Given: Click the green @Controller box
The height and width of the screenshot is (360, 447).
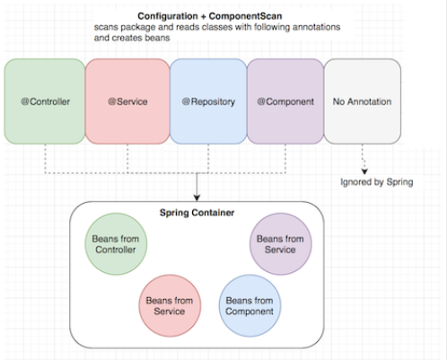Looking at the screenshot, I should click(x=44, y=102).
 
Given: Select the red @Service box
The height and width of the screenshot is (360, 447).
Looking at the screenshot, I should click(x=127, y=102).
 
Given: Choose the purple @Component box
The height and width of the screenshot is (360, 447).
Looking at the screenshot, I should click(x=286, y=102).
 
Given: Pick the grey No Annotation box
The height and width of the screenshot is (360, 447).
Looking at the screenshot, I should click(x=364, y=102).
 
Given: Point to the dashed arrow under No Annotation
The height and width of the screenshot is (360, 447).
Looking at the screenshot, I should click(x=364, y=159).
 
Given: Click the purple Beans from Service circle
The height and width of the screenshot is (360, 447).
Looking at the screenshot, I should click(x=279, y=244).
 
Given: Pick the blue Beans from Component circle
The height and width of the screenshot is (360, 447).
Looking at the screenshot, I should click(x=249, y=305).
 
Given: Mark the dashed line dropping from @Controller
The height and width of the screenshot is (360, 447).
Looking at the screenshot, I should click(x=44, y=158).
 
